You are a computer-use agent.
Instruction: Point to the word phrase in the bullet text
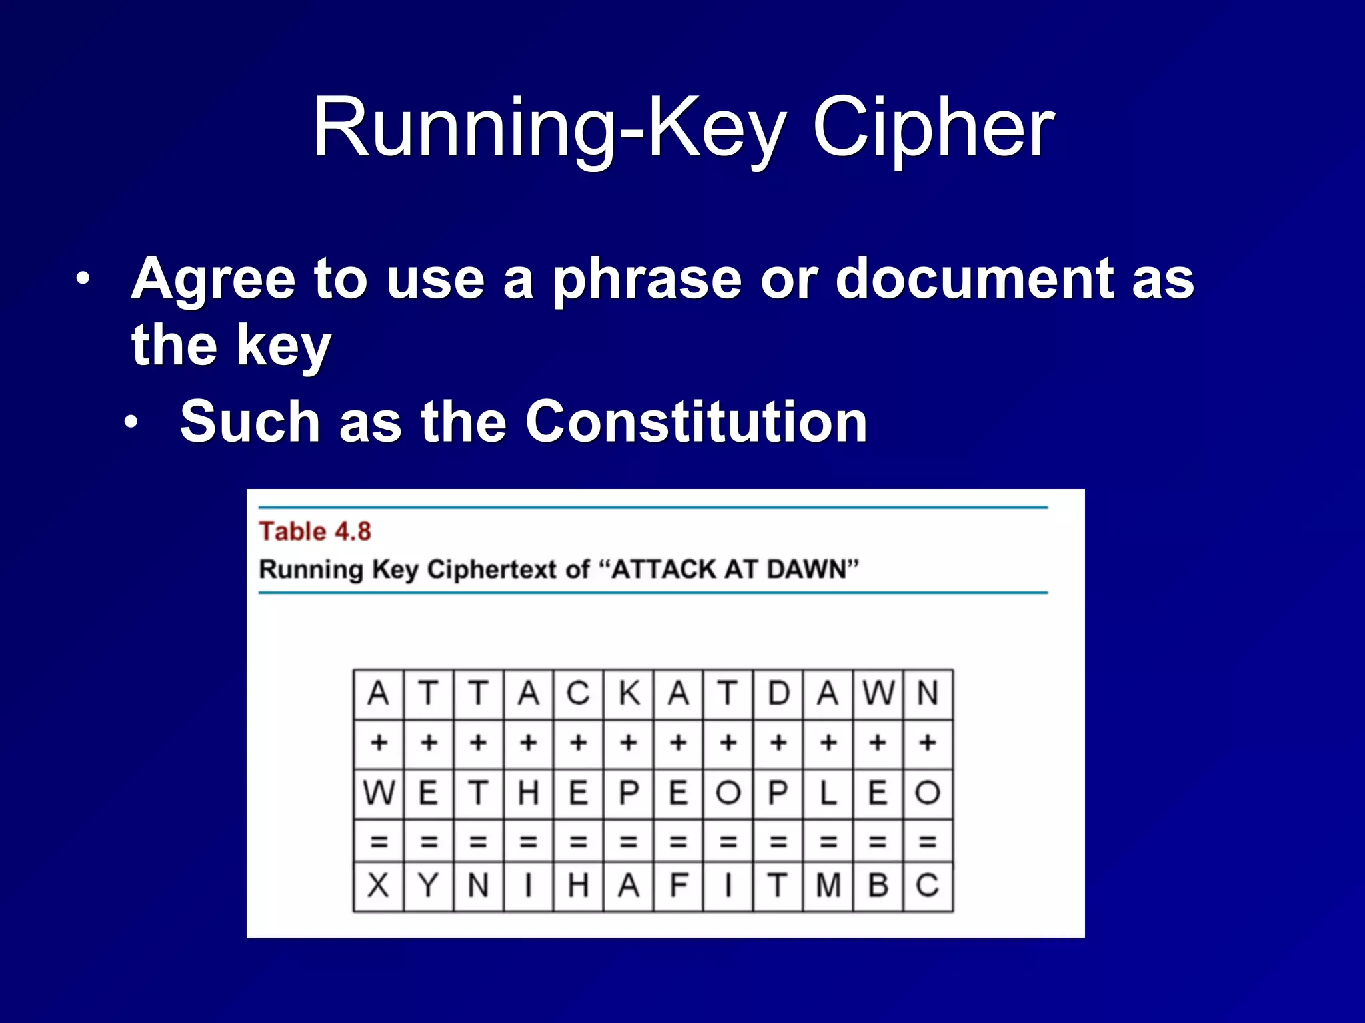coord(647,278)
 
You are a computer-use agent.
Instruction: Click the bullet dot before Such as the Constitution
coord(131,422)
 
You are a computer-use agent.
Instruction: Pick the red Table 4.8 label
coord(315,531)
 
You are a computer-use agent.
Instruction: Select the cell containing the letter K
coord(629,693)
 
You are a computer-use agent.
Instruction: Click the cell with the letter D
coord(778,693)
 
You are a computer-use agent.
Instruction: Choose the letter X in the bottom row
coord(378,886)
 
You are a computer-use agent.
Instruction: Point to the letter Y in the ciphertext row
coord(428,886)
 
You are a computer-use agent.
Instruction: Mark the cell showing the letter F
coord(679,886)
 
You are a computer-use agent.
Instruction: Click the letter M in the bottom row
coord(828,886)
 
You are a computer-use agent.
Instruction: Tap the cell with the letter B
coord(878,886)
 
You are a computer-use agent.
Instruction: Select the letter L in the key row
coord(828,793)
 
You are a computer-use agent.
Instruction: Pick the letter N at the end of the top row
coord(928,693)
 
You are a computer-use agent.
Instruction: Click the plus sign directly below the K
coord(629,742)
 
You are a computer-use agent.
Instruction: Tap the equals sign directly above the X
coord(378,842)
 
